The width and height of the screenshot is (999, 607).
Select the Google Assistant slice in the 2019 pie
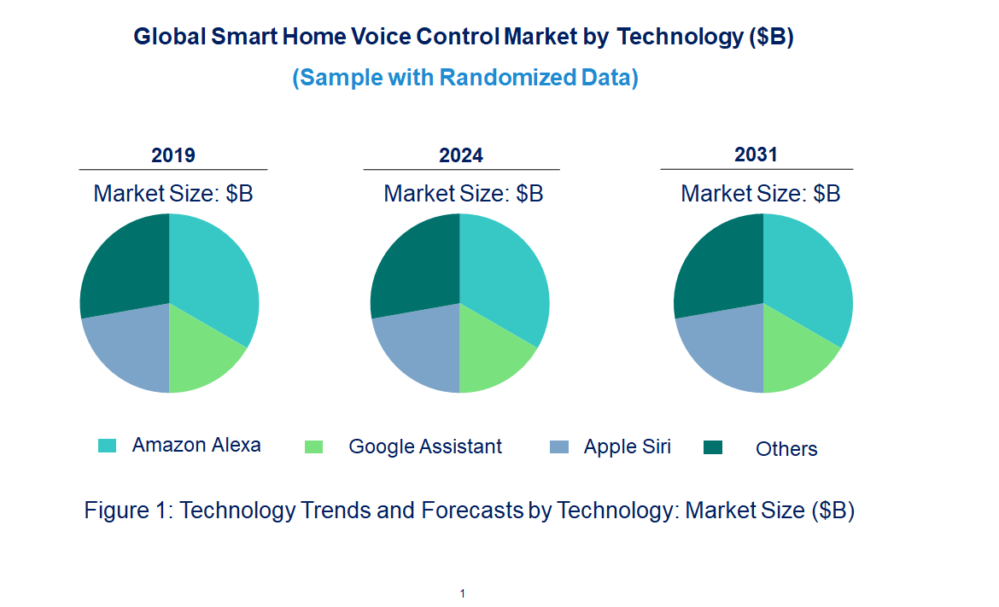(201, 354)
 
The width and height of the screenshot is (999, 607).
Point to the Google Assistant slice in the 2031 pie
(794, 354)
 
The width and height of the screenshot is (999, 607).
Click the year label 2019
(173, 155)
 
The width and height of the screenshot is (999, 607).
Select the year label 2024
(461, 155)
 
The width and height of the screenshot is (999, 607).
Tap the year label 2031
(757, 155)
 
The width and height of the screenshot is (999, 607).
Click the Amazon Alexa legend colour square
(107, 446)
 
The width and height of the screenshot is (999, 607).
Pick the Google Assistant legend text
(425, 446)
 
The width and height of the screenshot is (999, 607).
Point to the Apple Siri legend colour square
(559, 446)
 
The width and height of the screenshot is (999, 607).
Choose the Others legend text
(786, 449)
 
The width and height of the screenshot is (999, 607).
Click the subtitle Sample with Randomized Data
(465, 78)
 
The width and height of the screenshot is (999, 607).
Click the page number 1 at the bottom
(462, 593)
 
